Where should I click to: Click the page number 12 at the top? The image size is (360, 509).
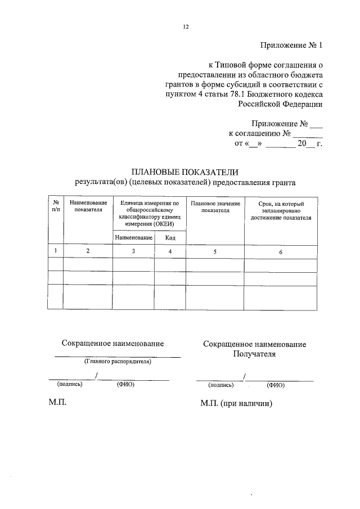tap(186, 26)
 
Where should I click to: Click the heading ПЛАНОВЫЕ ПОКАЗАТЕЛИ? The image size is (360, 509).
tap(185, 172)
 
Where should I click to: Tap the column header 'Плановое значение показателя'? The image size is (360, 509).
tap(215, 206)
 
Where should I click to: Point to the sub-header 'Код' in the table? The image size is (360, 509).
tap(170, 238)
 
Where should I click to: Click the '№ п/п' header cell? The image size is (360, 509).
tap(55, 206)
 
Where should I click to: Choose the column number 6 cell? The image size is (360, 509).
tap(281, 251)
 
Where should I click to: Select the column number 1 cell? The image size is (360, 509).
tap(55, 251)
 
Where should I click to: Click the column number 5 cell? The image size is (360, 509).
tap(215, 251)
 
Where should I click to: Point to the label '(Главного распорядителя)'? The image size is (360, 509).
tap(118, 362)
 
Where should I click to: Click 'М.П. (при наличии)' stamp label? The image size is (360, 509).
tap(236, 403)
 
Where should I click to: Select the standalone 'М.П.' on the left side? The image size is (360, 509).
tap(58, 403)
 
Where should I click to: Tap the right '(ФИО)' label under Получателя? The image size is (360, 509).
tap(276, 385)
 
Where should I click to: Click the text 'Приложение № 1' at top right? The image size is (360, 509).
tap(292, 45)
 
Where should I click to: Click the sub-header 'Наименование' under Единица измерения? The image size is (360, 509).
tap(133, 238)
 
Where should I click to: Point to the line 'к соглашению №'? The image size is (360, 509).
tap(259, 134)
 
